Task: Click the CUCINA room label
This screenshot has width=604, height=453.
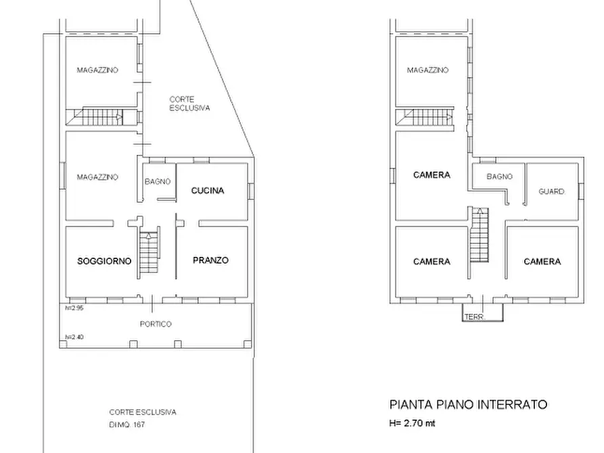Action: tap(207, 191)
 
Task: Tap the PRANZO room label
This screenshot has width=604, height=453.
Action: tap(210, 260)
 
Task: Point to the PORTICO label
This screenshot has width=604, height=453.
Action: tap(156, 324)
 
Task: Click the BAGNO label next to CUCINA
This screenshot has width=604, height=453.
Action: tap(157, 181)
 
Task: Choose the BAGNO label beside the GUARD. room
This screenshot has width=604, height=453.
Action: tap(498, 176)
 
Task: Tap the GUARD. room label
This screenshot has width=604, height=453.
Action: tap(551, 191)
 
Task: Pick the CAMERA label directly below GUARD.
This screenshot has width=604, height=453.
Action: tap(542, 262)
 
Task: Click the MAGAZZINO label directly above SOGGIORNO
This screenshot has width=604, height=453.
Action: tap(97, 177)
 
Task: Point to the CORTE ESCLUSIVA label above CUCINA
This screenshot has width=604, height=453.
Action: tap(189, 103)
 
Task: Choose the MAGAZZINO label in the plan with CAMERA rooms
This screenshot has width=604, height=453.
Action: tap(428, 70)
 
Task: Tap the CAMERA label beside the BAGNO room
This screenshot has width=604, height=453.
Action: tap(432, 175)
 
